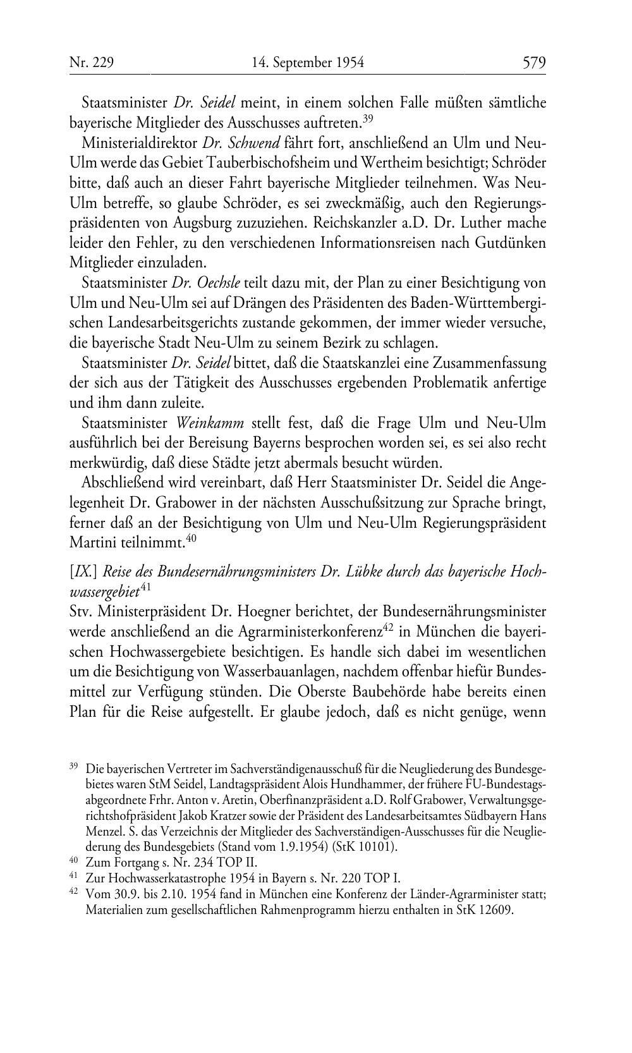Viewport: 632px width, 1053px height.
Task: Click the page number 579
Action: click(533, 63)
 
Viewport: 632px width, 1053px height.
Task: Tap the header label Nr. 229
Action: click(91, 63)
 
